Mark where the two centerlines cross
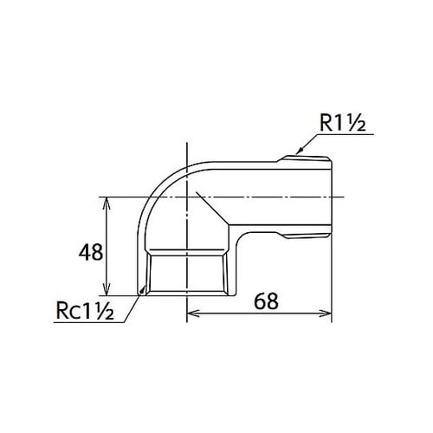[x=187, y=197]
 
